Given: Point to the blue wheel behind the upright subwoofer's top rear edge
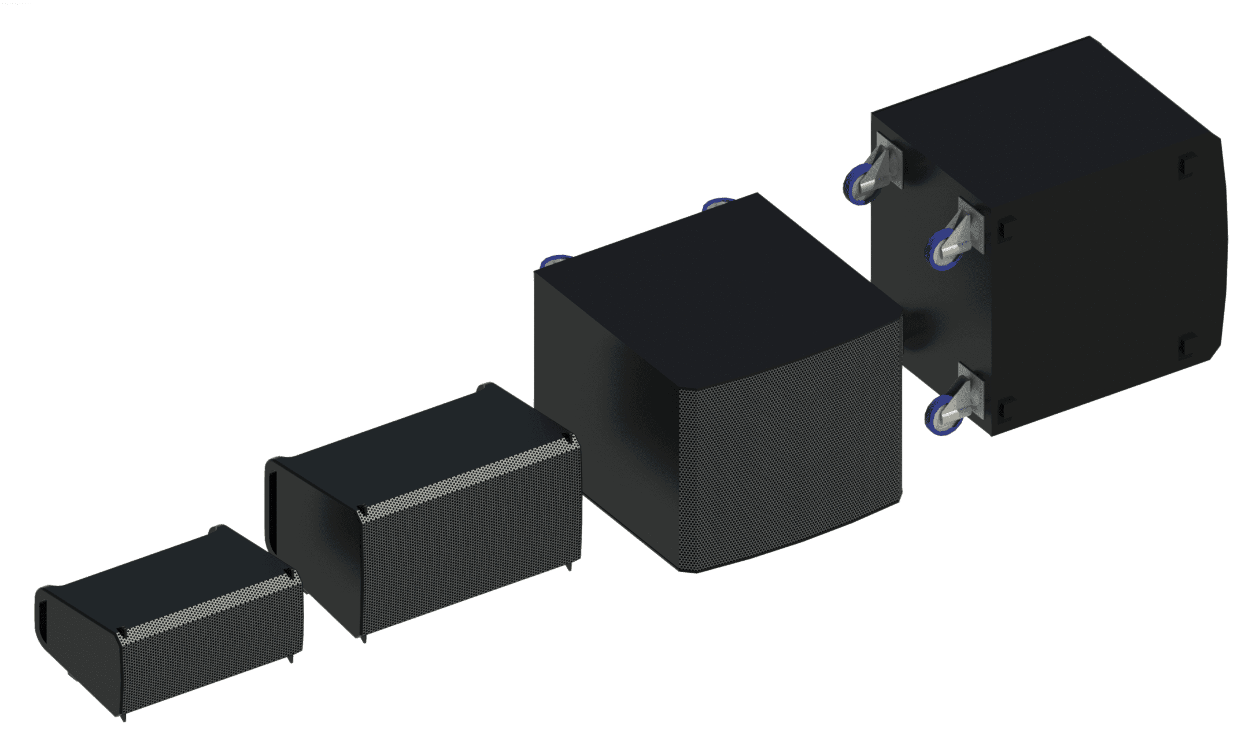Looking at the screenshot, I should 717,203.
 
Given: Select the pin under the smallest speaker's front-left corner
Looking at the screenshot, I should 124,717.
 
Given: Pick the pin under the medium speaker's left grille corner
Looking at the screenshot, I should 364,638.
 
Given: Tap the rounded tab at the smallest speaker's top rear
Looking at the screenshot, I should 215,528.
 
